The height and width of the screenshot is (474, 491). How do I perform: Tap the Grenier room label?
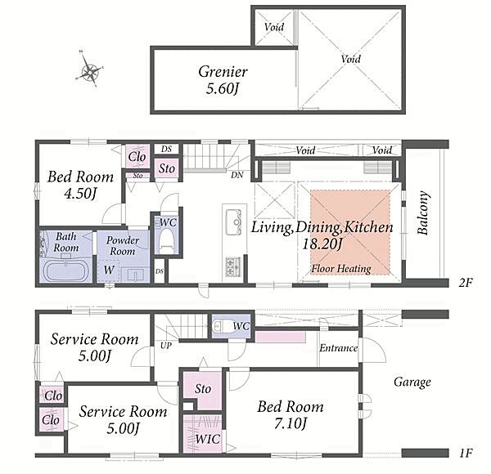click(x=223, y=72)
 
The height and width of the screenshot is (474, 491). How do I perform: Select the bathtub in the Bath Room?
click(x=65, y=271)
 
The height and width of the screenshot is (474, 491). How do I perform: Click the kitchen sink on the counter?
click(x=233, y=222)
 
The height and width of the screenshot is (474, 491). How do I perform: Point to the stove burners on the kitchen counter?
click(x=233, y=266)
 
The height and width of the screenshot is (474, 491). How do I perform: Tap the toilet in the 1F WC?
click(x=221, y=326)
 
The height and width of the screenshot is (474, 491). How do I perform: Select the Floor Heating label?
click(x=341, y=269)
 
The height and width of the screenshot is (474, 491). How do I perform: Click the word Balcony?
click(x=423, y=212)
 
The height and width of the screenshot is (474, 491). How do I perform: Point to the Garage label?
click(x=412, y=382)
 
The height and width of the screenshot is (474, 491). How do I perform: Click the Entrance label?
click(x=338, y=348)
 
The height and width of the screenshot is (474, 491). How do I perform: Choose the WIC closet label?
click(x=208, y=439)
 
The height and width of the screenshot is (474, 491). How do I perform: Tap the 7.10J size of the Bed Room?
click(x=291, y=423)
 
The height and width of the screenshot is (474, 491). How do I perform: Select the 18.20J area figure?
click(x=322, y=244)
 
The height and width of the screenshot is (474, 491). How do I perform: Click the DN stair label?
click(x=237, y=175)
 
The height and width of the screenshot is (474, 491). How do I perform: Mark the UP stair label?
click(x=166, y=346)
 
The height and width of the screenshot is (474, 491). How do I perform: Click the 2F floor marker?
click(x=466, y=283)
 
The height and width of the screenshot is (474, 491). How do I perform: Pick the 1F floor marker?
click(x=466, y=453)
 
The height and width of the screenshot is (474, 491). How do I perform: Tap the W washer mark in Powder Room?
click(x=109, y=270)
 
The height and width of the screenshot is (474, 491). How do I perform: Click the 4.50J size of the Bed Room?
click(x=80, y=193)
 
